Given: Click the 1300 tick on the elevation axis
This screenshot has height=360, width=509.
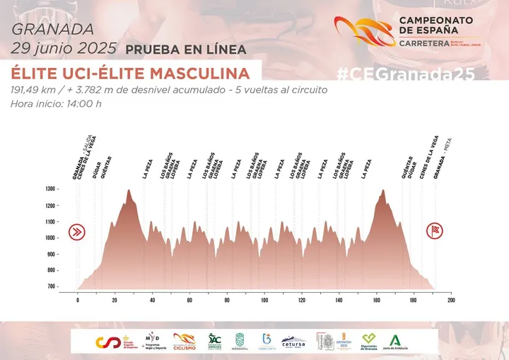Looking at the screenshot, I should click(49, 190).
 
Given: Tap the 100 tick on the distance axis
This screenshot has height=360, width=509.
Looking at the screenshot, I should click(264, 300).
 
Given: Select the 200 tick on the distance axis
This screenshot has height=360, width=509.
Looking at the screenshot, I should click(450, 300).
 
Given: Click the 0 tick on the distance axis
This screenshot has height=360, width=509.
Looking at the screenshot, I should click(78, 300).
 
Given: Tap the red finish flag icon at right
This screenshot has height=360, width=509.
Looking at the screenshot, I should click(434, 231).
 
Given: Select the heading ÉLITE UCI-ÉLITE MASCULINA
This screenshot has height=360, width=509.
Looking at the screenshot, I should click(131, 74).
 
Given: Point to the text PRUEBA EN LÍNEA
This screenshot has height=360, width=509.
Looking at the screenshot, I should click(186, 50).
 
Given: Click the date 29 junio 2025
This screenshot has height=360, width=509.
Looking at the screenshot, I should click(64, 49).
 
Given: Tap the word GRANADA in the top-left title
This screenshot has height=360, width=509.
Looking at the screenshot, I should click(52, 30).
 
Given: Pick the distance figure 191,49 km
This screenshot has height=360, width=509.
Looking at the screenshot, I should click(37, 90).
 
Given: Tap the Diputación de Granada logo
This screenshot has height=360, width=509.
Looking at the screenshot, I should click(368, 342).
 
